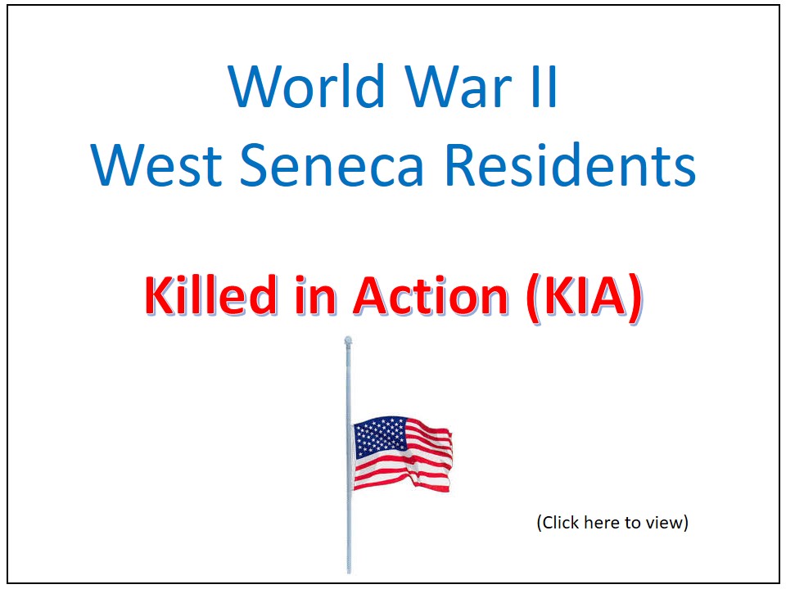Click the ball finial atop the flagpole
point(348,339)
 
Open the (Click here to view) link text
point(612,522)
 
